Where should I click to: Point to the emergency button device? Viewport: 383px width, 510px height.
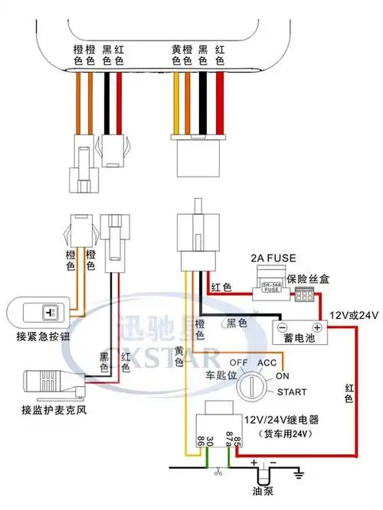coord(38,313)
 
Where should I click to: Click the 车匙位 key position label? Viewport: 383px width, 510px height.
coord(206,376)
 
